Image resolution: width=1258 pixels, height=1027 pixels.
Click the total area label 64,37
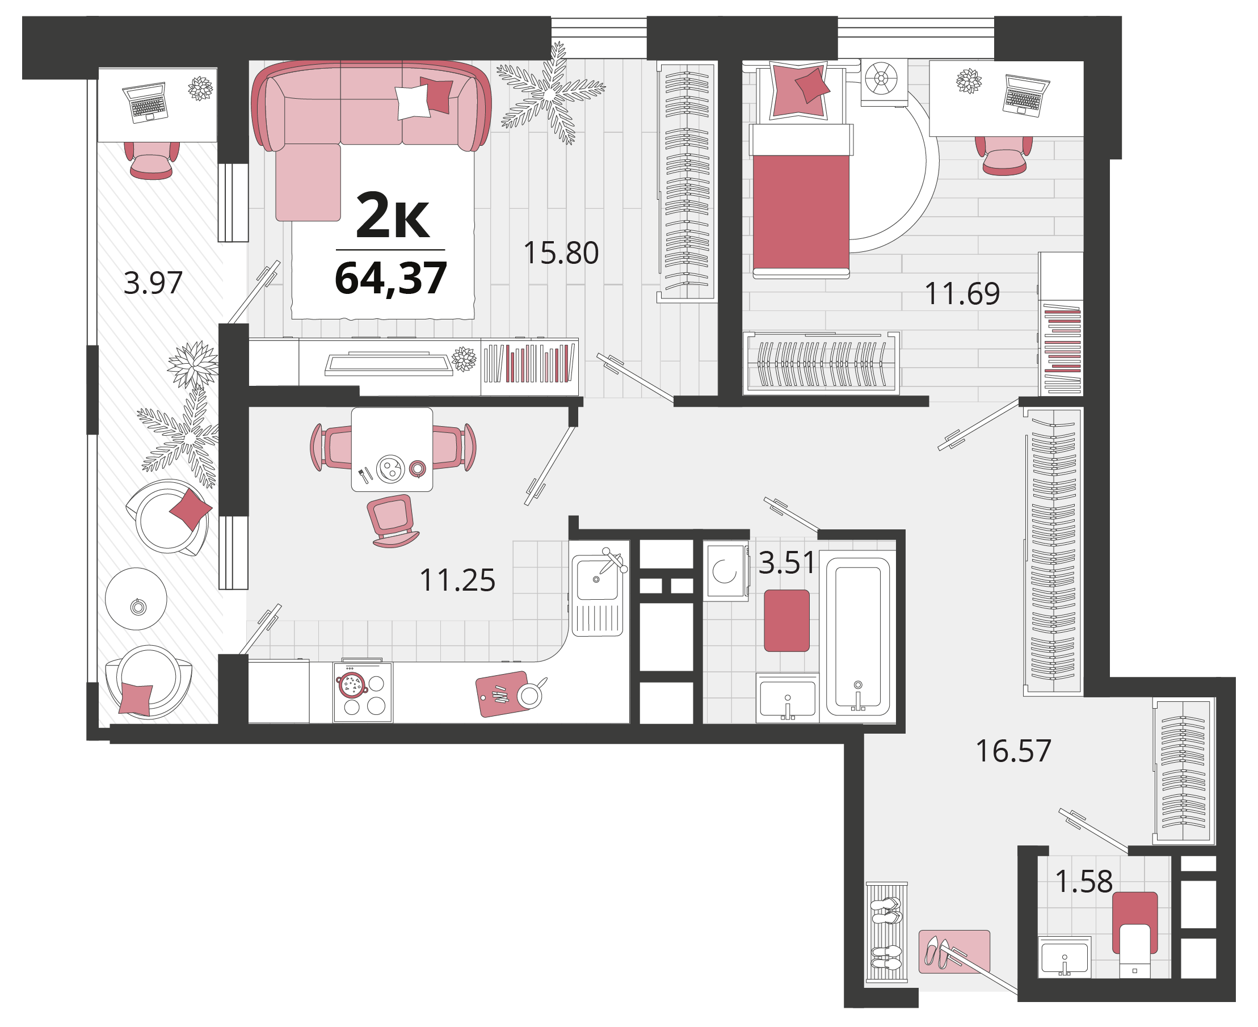coord(390,279)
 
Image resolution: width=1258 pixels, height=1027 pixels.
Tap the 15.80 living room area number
coord(561,252)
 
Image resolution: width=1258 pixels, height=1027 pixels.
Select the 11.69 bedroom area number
coord(962,293)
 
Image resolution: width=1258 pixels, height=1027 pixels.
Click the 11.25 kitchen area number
coord(457,580)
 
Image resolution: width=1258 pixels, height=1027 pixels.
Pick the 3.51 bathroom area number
coord(787,563)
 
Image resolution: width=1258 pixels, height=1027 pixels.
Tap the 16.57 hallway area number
coord(1013,751)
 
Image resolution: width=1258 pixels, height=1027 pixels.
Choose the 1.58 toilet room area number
coord(1084,882)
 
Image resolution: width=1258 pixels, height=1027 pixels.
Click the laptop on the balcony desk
coord(145,102)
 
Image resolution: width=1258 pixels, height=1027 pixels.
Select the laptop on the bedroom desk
coord(1026,95)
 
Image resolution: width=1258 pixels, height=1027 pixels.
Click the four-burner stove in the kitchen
coord(363,692)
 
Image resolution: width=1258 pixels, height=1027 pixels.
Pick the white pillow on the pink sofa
coord(413,102)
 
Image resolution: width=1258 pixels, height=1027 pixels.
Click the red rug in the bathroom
coord(786,621)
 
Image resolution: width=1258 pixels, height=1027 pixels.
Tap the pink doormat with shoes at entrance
coord(954,952)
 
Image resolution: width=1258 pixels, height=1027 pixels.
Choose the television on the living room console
coord(389,364)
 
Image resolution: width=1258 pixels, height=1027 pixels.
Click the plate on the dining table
coord(390,469)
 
